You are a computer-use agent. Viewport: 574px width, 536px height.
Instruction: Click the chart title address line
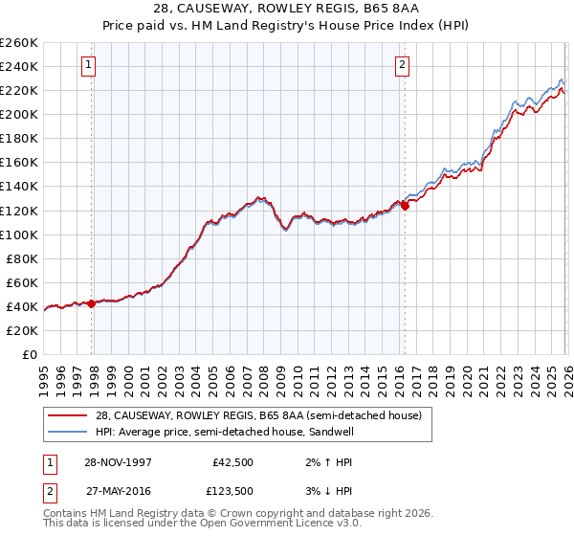click(x=286, y=9)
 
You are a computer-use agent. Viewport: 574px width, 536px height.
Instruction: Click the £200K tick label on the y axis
click(x=19, y=114)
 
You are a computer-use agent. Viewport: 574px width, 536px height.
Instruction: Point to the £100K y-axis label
click(x=19, y=234)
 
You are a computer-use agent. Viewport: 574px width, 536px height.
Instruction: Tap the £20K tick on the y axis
click(x=22, y=330)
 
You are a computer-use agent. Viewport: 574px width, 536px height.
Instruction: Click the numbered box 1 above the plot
click(x=88, y=65)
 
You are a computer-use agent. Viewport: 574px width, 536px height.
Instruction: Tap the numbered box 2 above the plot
click(x=402, y=65)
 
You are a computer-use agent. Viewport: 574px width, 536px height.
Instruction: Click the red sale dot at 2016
click(x=405, y=205)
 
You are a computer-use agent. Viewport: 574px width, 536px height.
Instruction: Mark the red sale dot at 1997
click(x=92, y=303)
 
